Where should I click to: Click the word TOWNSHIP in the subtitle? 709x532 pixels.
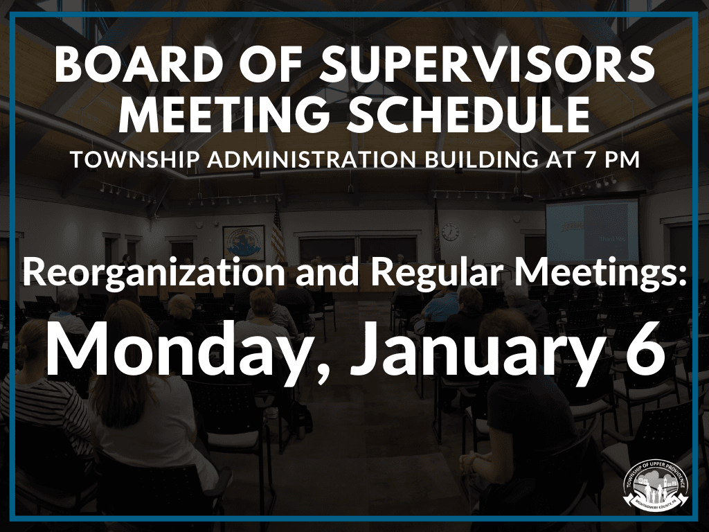(x=132, y=159)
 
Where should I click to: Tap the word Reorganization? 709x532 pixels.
(x=153, y=274)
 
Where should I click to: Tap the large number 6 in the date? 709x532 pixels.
(x=643, y=352)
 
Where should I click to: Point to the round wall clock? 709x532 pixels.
(x=450, y=231)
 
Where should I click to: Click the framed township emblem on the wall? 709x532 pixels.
(x=244, y=242)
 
